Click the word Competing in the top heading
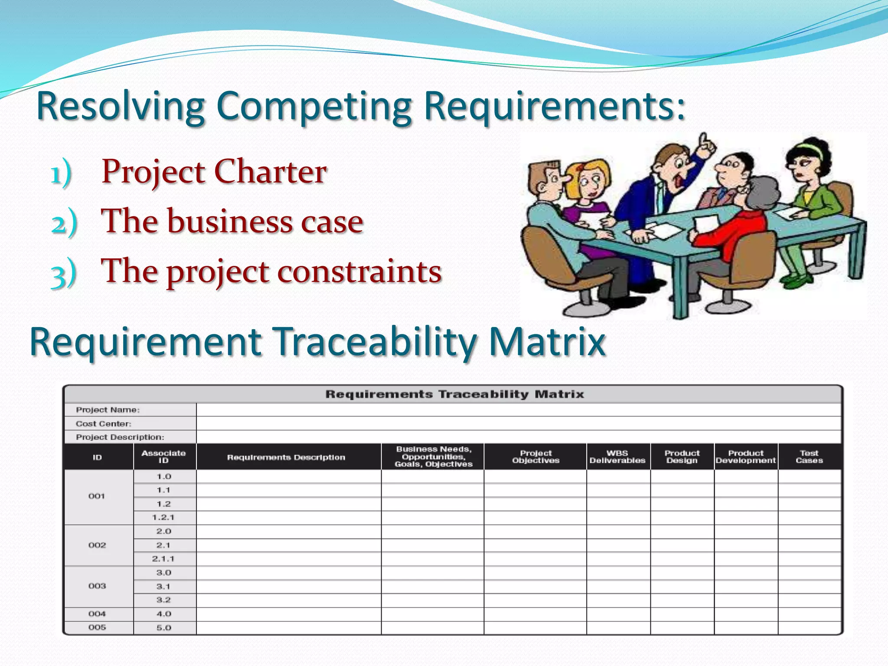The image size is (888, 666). [x=313, y=106]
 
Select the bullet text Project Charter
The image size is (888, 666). [x=214, y=172]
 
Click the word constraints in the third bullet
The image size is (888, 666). [x=359, y=271]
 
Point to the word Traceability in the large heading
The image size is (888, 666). [x=375, y=342]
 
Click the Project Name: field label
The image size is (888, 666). [x=108, y=410]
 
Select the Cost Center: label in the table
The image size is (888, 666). [x=103, y=424]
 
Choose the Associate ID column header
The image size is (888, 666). [x=163, y=457]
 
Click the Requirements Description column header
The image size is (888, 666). [x=286, y=457]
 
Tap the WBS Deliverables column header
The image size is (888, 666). [x=617, y=457]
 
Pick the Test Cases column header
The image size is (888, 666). [x=809, y=457]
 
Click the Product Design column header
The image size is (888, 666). [x=682, y=457]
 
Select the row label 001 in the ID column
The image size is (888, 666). [x=97, y=496]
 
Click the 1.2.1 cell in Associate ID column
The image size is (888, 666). [x=163, y=517]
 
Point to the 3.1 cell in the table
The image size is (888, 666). [x=163, y=587]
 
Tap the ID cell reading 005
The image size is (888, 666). [x=97, y=627]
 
